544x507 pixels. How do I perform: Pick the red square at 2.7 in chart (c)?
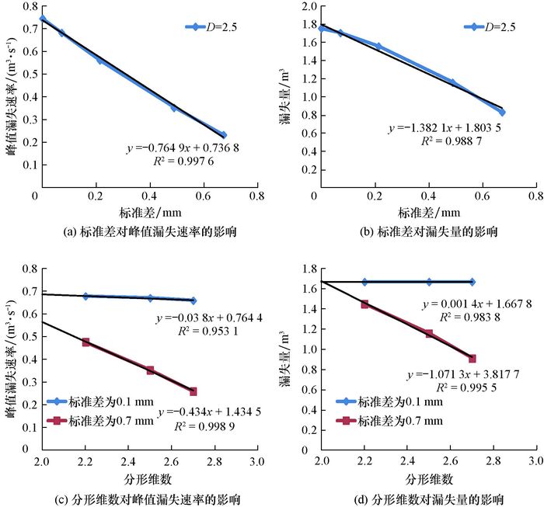click(193, 391)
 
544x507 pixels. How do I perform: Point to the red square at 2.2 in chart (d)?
click(364, 304)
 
